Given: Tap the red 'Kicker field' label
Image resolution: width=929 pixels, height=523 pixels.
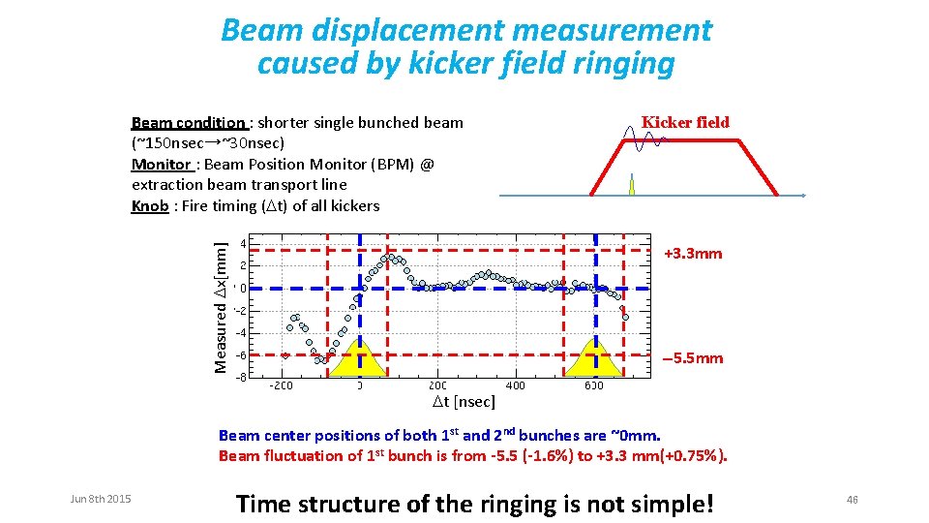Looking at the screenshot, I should pos(685,122).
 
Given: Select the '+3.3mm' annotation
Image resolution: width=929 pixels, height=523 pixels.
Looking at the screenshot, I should pos(693,254).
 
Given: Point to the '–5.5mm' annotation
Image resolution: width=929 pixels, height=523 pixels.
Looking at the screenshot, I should pos(693,358).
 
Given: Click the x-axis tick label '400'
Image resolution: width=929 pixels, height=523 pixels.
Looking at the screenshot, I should pos(516,385).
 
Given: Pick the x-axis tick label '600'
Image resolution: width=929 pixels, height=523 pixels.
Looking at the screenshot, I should pos(594,385).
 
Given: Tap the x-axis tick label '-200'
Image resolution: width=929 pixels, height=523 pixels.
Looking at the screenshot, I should pos(281,385).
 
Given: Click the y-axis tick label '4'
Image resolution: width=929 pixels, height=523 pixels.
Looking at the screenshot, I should pos(242,242).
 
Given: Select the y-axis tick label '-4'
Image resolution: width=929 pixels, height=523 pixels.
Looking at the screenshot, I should pos(240,333).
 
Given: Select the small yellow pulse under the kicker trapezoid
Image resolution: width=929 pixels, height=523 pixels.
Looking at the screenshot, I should pos(632,186).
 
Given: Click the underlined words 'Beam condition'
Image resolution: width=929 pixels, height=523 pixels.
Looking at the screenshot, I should pos(188,123).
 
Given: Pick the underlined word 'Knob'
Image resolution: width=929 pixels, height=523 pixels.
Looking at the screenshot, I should pos(150,205).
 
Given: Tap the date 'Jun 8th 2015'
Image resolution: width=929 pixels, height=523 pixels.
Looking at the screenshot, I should pos(101,499).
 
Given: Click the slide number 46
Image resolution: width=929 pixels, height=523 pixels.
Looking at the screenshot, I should pos(852,499).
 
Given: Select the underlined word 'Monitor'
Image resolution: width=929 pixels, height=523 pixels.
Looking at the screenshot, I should pos(161,164).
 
